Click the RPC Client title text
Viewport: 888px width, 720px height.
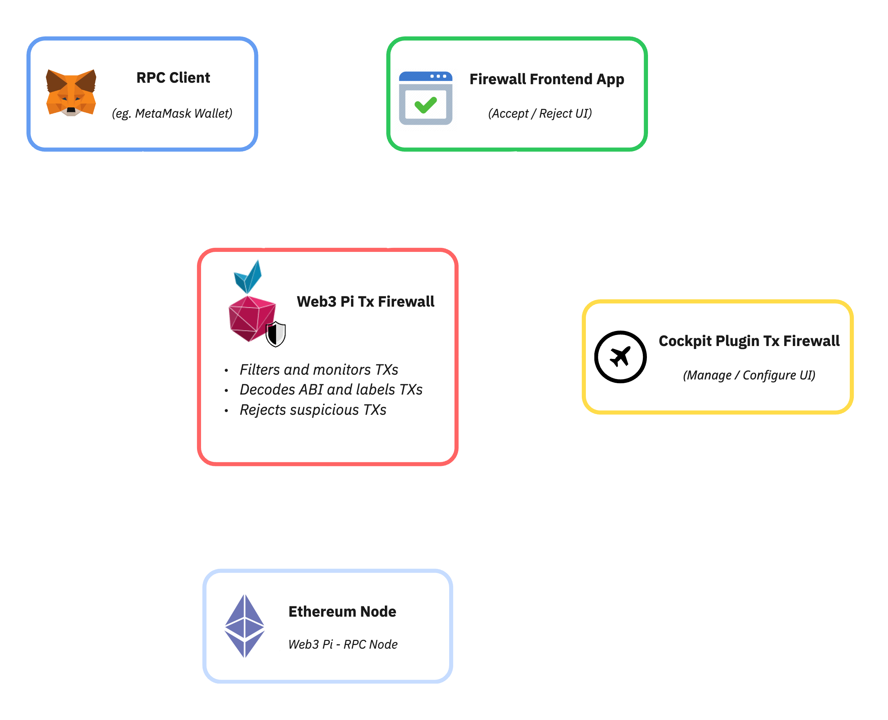[x=173, y=78]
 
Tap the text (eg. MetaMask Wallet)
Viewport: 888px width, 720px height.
[x=172, y=113]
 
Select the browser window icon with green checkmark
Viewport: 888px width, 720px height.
[x=425, y=98]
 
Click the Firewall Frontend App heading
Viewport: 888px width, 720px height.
[x=547, y=79]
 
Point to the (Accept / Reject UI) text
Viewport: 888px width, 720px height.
[x=540, y=113]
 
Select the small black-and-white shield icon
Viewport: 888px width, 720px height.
[x=275, y=334]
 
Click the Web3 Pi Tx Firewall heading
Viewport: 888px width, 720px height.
[x=365, y=302]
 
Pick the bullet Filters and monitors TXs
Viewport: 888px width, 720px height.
[x=318, y=370]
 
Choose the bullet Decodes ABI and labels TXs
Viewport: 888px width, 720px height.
[x=331, y=389]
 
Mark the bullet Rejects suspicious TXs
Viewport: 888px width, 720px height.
[x=312, y=410]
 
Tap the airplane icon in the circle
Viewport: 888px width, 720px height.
[x=620, y=357]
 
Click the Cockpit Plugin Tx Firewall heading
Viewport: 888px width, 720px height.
[x=749, y=341]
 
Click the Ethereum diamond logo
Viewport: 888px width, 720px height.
[x=244, y=626]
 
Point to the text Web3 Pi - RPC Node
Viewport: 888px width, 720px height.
[x=343, y=644]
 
